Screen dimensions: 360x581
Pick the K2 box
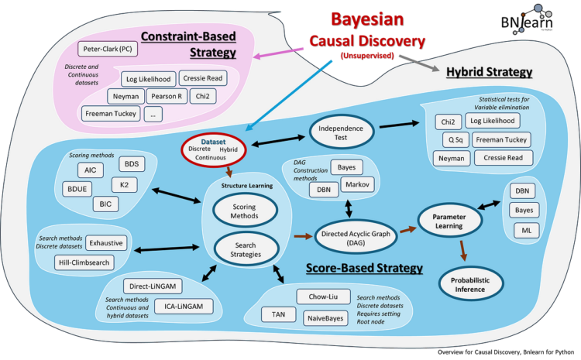[x=125, y=185]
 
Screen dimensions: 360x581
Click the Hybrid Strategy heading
[x=490, y=72]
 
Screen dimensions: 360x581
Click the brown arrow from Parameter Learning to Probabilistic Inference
[x=464, y=250]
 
